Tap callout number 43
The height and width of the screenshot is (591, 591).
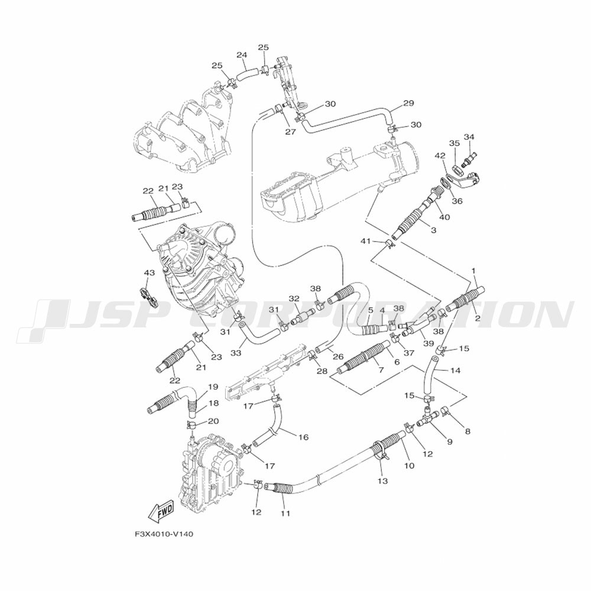pos(149,272)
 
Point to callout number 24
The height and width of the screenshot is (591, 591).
pos(242,55)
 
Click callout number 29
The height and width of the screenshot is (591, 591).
pos(408,103)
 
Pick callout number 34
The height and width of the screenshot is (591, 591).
pos(469,137)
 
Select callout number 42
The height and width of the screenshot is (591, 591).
pos(440,156)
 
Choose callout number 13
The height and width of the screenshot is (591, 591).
pos(382,481)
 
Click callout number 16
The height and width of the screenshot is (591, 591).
pos(303,437)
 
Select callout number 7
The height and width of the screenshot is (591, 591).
pos(381,369)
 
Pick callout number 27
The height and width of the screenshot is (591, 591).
pos(290,132)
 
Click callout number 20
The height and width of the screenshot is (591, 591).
pos(213,421)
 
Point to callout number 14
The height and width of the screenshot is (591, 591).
pos(455,371)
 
